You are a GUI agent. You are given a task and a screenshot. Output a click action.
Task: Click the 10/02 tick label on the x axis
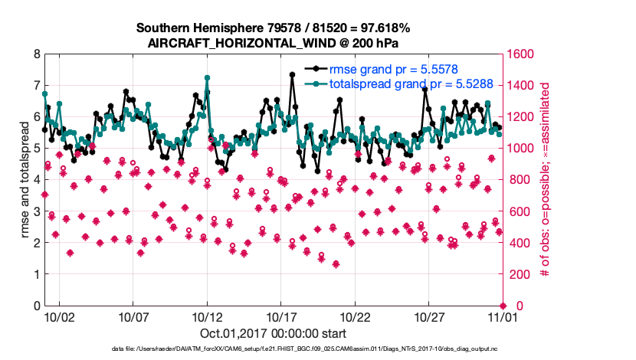[59, 316]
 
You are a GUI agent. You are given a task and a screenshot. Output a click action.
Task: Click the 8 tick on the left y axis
[36, 54]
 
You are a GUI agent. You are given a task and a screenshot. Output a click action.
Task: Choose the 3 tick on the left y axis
[36, 211]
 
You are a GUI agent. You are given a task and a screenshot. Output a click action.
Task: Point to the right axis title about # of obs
[546, 180]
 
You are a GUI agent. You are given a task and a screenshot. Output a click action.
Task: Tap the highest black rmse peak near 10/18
[293, 74]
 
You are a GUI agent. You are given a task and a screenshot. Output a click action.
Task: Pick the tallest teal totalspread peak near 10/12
[207, 77]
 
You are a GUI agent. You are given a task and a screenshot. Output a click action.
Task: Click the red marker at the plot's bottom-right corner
[503, 306]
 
